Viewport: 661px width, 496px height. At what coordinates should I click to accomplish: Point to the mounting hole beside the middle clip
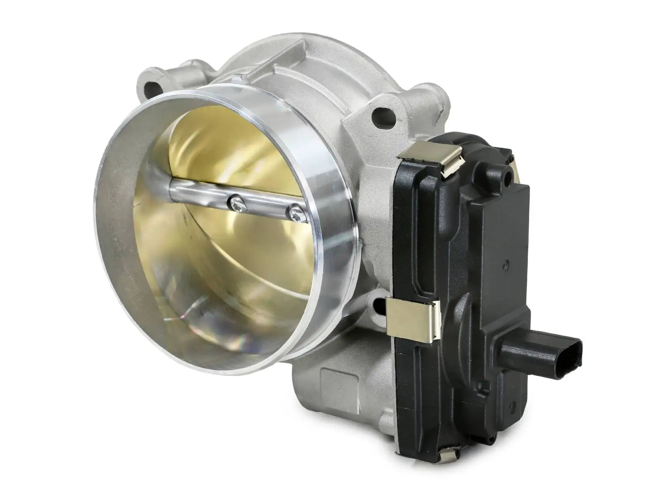point(378,304)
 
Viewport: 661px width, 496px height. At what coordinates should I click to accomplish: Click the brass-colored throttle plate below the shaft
point(231,256)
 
